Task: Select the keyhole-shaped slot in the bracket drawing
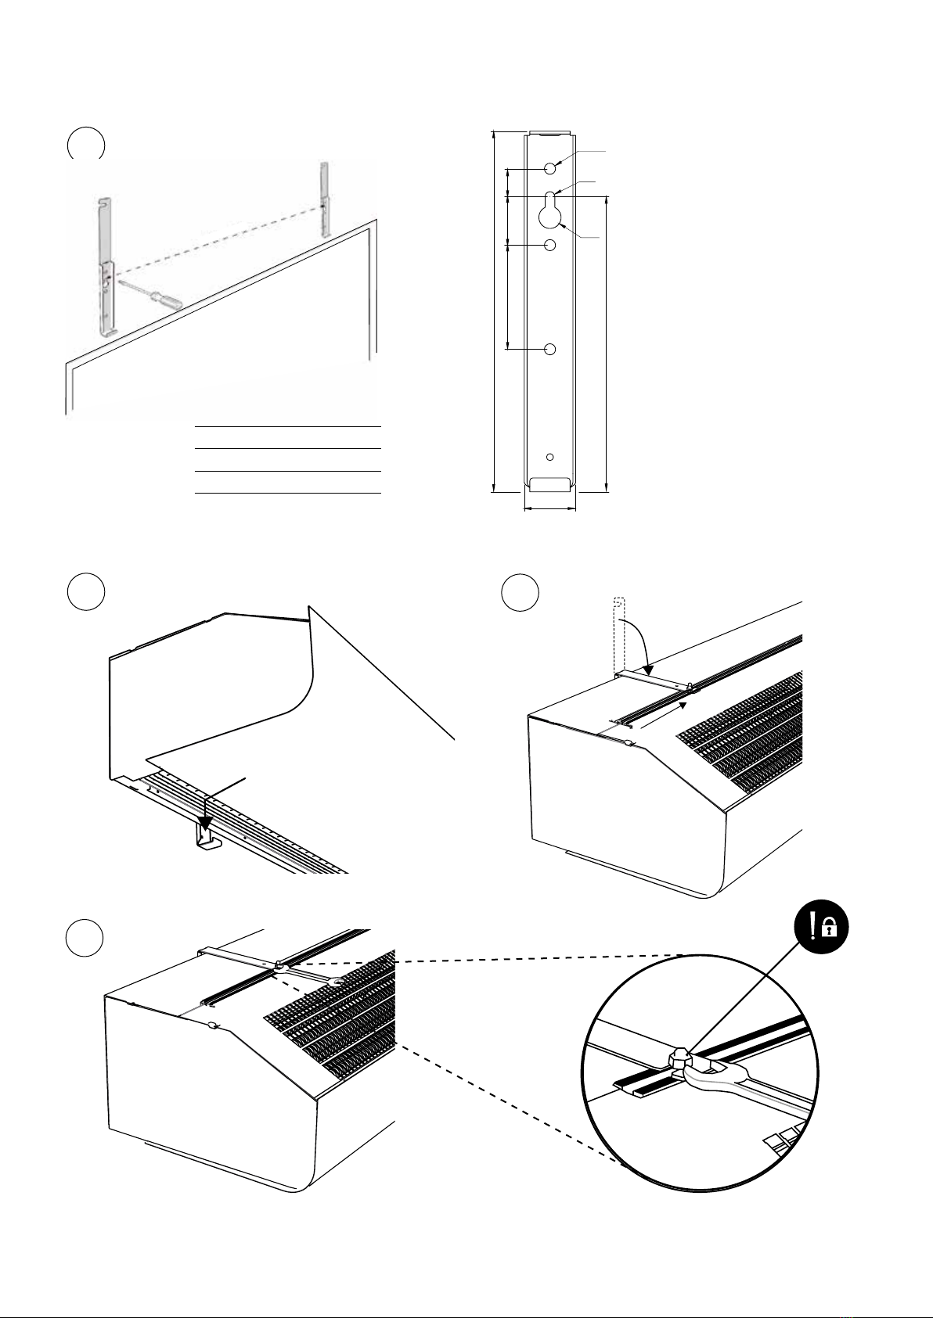pos(550,209)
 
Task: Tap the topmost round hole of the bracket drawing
pos(550,167)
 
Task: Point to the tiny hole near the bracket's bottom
pos(549,456)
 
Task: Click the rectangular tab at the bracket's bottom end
pos(549,483)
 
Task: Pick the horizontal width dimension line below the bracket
pos(549,508)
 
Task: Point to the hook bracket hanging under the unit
pos(205,841)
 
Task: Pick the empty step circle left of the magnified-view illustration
pos(85,936)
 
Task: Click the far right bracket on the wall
pos(325,198)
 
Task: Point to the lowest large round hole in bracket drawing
pos(550,349)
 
